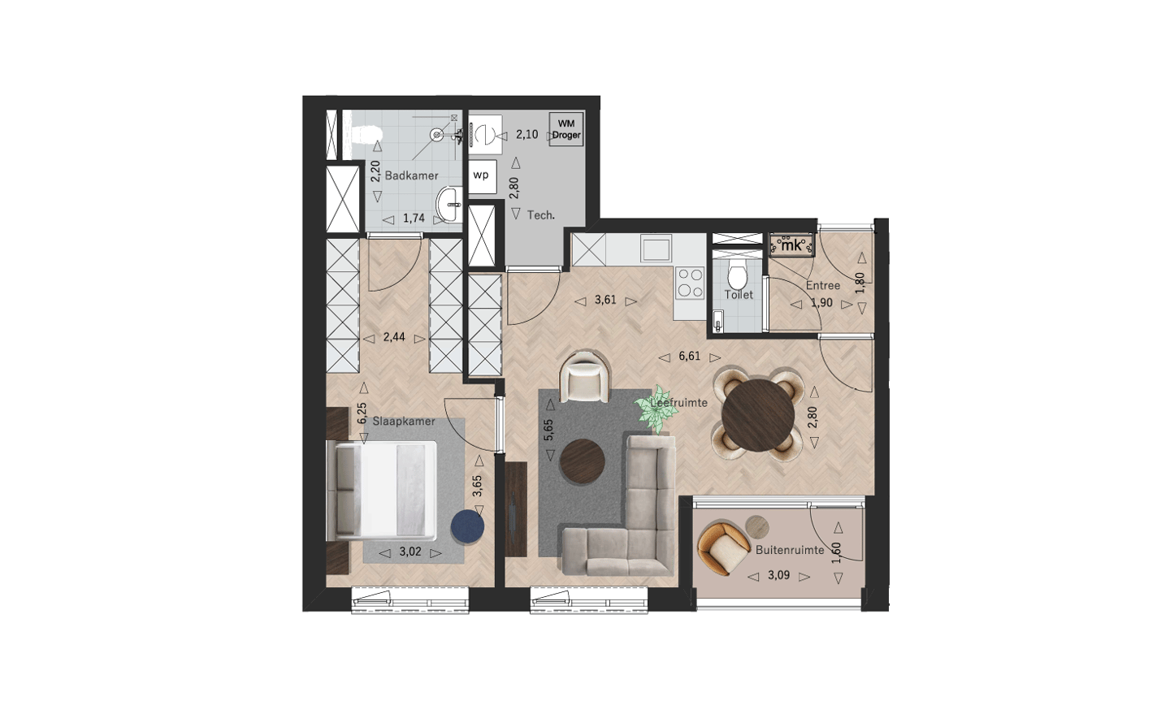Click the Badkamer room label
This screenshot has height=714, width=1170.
point(411,175)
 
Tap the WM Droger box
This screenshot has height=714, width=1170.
point(566,129)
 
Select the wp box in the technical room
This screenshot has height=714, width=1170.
point(482,176)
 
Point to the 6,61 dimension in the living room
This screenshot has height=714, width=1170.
point(690,357)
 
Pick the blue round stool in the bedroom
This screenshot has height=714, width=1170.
point(468,527)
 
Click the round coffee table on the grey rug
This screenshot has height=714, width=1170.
point(583,461)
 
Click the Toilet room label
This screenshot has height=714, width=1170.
point(739,295)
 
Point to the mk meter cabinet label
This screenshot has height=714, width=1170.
point(792,245)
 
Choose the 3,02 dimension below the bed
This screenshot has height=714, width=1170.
point(410,552)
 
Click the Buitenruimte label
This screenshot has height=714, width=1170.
point(790,550)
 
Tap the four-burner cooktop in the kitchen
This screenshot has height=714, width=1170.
point(690,283)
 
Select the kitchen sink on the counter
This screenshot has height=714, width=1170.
point(656,248)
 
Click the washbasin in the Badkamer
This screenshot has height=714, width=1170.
point(449,204)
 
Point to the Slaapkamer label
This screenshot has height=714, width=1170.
point(404,422)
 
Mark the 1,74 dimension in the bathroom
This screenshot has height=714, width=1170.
point(414,218)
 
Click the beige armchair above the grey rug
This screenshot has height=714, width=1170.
point(584,377)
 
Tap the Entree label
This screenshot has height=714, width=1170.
point(822,286)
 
